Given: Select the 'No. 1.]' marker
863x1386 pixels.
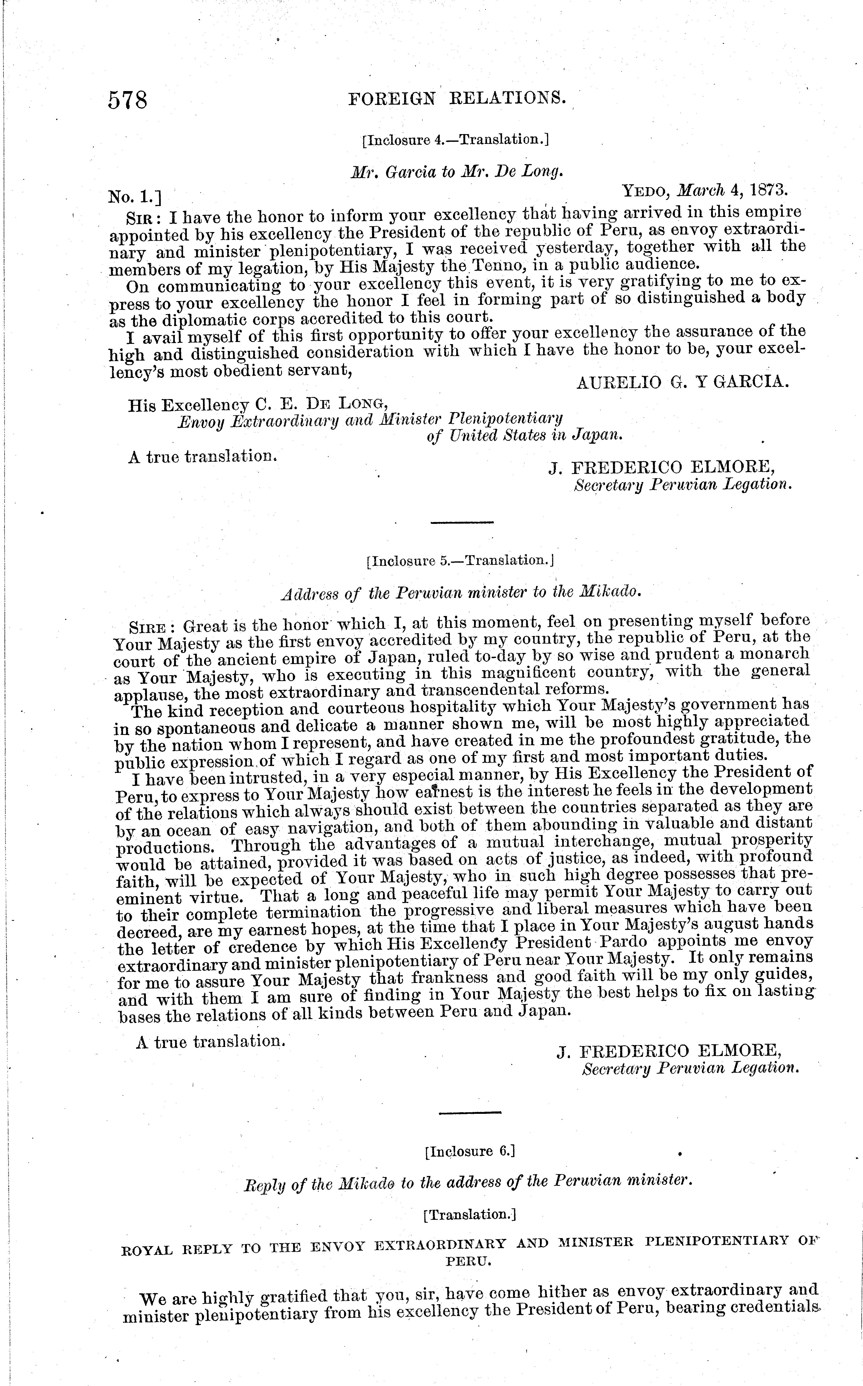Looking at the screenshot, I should pyautogui.click(x=135, y=197).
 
